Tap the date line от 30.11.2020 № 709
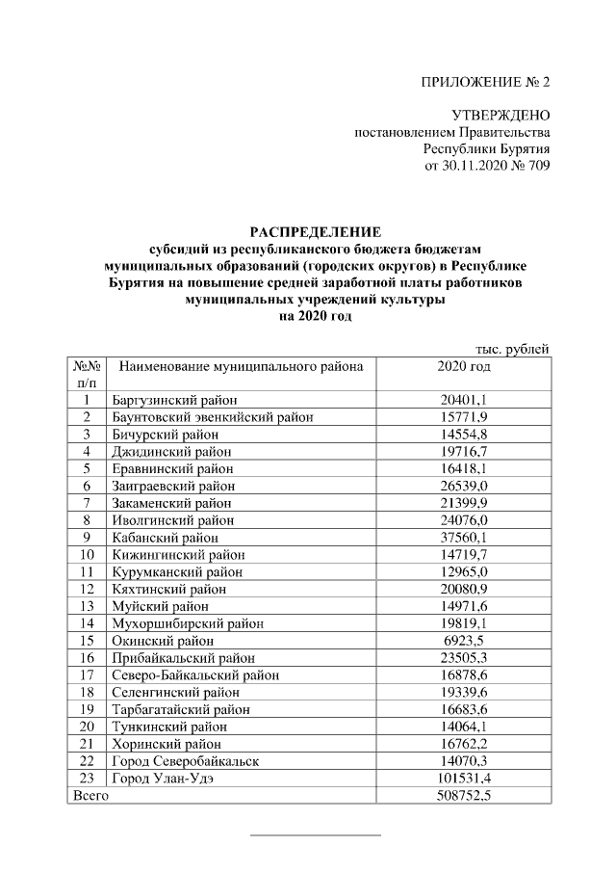487,166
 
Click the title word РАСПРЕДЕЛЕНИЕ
316,231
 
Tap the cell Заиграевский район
173,486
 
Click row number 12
87,589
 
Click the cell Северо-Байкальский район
189,674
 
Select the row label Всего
90,796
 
